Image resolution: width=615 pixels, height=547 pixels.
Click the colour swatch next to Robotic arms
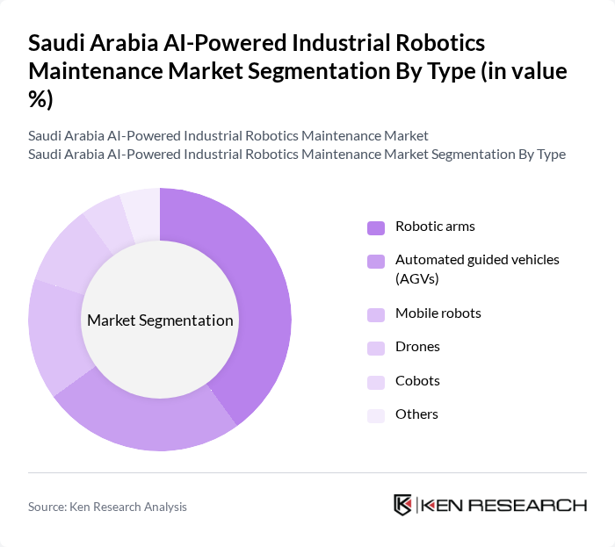point(376,227)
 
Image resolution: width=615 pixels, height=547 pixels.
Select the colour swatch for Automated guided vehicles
point(376,261)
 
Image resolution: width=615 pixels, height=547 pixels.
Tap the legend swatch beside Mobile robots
point(376,314)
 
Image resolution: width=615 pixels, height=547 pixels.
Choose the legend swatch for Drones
point(376,348)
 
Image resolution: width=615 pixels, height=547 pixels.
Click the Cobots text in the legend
point(417,381)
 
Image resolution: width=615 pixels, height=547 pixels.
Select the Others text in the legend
point(416,414)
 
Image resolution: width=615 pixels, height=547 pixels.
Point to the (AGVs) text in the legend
point(416,279)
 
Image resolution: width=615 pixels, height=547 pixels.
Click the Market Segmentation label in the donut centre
point(160,320)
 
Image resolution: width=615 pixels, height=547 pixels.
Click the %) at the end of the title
point(40,98)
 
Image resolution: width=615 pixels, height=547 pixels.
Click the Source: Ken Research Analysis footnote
point(107,507)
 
